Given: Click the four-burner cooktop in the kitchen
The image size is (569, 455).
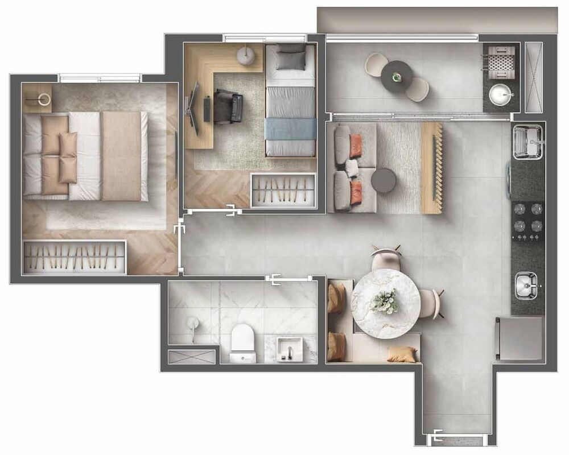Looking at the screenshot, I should pos(528,217).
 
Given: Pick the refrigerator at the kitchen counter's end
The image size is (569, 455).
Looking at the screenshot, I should pos(520,338).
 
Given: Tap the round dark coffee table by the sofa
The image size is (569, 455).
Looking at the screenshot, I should pos(384,180).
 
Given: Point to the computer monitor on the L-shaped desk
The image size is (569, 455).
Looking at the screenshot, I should pos(194,108).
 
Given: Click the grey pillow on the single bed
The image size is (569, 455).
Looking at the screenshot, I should pos(291,58).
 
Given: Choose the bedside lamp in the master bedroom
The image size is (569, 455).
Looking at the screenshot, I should pos(43,99).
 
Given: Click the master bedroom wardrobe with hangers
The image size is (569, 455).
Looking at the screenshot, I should pos(74,257).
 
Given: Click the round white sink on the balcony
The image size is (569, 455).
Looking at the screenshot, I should pos(501,94).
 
